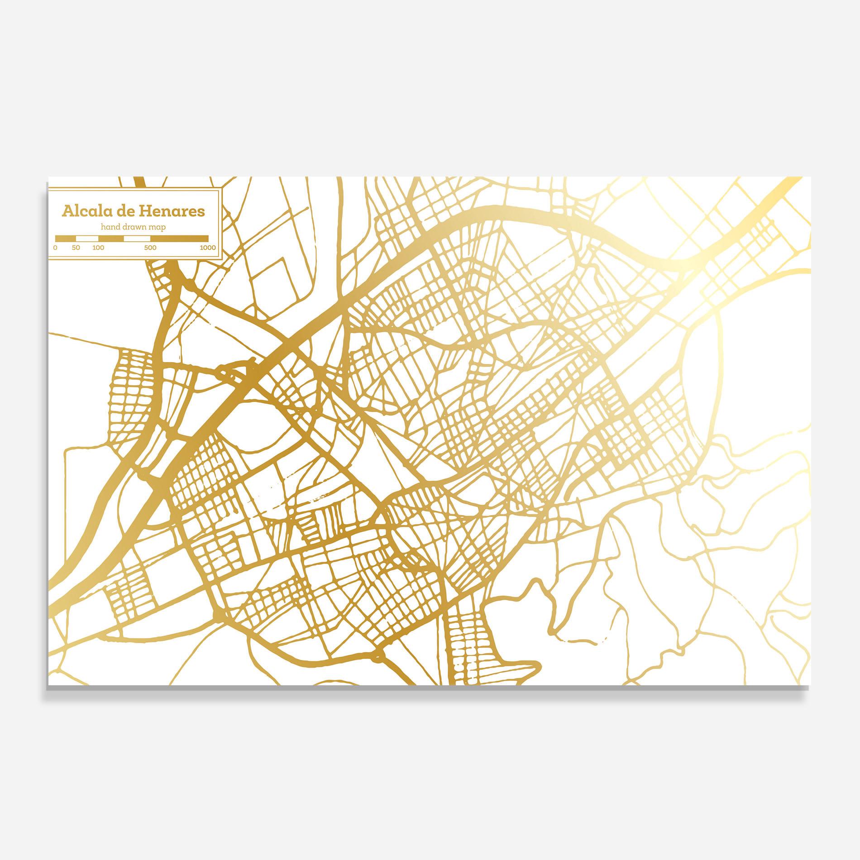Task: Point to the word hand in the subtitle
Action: (x=110, y=227)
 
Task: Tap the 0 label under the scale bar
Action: (x=55, y=248)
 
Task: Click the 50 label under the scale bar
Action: (x=76, y=248)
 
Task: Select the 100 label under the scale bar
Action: (x=98, y=248)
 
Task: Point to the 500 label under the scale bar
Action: (x=150, y=248)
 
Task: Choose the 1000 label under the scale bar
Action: (x=208, y=248)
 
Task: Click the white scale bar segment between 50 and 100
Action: (x=87, y=238)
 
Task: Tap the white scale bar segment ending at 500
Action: (x=137, y=238)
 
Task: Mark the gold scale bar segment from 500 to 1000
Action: (x=179, y=238)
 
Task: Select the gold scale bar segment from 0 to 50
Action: (x=65, y=238)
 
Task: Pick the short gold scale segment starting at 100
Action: (x=111, y=238)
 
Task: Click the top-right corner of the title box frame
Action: (x=220, y=187)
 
